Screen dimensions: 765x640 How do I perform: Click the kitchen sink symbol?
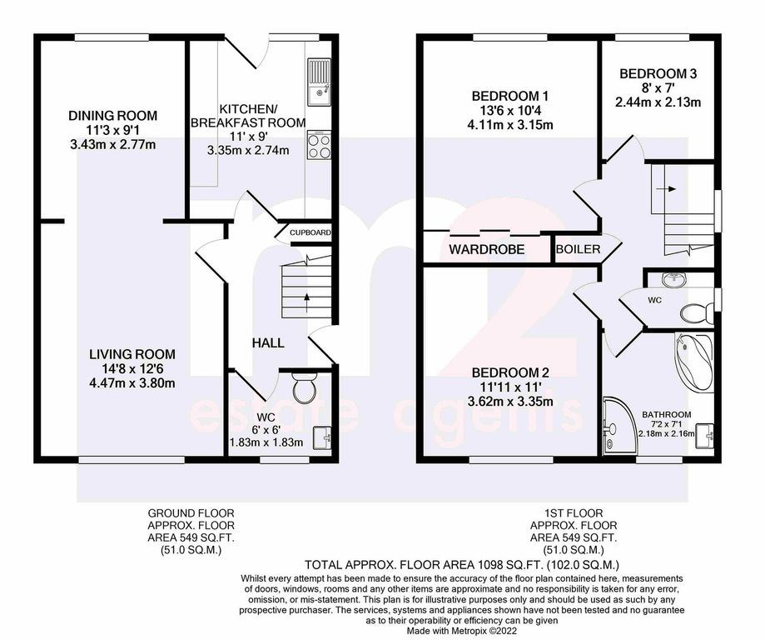coord(319,82)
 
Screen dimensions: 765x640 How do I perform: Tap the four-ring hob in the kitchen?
coord(319,145)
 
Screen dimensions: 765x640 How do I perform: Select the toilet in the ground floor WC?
coord(305,388)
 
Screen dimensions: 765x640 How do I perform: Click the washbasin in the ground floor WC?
coord(322,437)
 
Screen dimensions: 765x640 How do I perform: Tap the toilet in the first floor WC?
coord(696,313)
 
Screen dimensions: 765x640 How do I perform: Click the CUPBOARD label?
coord(310,232)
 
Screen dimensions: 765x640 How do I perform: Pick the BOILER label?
coord(579,249)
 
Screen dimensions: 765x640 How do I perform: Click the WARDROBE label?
coord(486,250)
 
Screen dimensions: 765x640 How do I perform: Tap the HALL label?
coord(268,343)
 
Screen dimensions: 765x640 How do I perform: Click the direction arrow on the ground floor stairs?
coord(307,302)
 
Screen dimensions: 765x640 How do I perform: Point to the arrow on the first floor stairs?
coord(666,188)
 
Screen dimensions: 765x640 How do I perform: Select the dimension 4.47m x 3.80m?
coord(132,383)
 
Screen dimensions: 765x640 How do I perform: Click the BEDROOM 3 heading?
coord(658,74)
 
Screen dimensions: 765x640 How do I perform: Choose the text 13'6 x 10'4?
coord(510,110)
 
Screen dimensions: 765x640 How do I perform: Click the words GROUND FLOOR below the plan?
coord(191,513)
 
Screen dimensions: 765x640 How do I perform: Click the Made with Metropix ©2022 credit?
coord(462,631)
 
